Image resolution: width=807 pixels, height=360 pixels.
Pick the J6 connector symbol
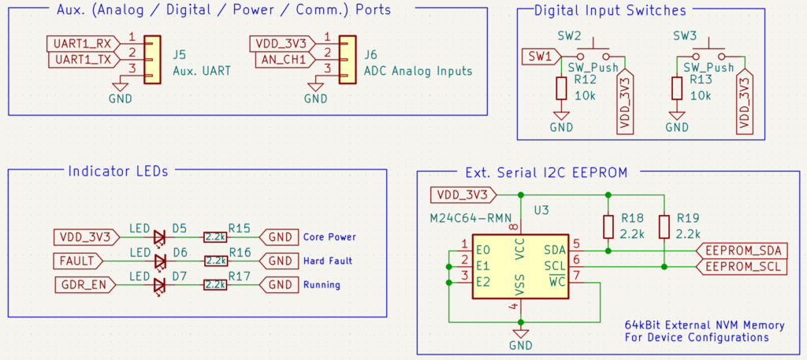pyautogui.click(x=345, y=59)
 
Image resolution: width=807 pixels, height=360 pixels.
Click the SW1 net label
pyautogui.click(x=541, y=56)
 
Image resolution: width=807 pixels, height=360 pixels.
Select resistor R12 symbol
pyautogui.click(x=561, y=88)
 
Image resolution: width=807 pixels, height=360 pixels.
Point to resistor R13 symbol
pyautogui.click(x=676, y=88)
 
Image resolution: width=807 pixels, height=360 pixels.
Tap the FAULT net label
pyautogui.click(x=77, y=260)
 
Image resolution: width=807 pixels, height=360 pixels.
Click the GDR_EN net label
pyautogui.click(x=81, y=284)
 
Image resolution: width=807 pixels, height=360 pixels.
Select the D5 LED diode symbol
pyautogui.click(x=161, y=236)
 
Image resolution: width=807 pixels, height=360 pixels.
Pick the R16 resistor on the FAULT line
pyautogui.click(x=216, y=260)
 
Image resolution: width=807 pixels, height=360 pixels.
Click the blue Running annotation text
pyautogui.click(x=322, y=284)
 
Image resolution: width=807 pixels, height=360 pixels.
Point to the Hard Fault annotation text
pyautogui.click(x=327, y=261)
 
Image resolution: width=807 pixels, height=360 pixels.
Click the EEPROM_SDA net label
pyautogui.click(x=743, y=251)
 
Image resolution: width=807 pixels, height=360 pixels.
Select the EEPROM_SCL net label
pyautogui.click(x=743, y=267)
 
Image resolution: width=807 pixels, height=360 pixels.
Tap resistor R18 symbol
pyautogui.click(x=608, y=226)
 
